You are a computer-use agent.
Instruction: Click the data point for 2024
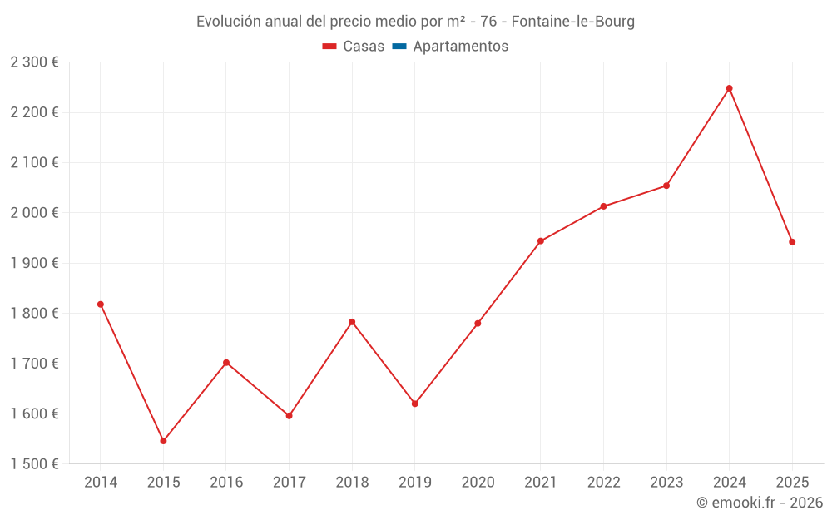729,88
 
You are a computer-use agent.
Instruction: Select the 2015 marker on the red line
163,441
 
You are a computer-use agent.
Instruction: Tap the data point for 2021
541,241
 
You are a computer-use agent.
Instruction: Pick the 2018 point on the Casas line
352,322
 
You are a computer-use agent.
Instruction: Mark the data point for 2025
792,242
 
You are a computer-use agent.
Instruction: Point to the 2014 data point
101,305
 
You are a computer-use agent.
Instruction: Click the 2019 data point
415,404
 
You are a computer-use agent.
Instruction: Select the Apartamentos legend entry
460,47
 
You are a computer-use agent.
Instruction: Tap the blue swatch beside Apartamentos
399,47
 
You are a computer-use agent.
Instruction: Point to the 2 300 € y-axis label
35,62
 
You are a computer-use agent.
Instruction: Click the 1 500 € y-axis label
35,464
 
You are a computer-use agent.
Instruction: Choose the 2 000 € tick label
35,213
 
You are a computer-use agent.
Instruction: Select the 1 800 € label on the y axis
35,314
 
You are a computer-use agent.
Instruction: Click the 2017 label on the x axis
289,483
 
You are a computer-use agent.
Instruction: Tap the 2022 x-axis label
603,483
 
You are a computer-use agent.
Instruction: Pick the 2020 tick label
478,483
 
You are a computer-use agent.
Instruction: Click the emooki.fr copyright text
760,503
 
